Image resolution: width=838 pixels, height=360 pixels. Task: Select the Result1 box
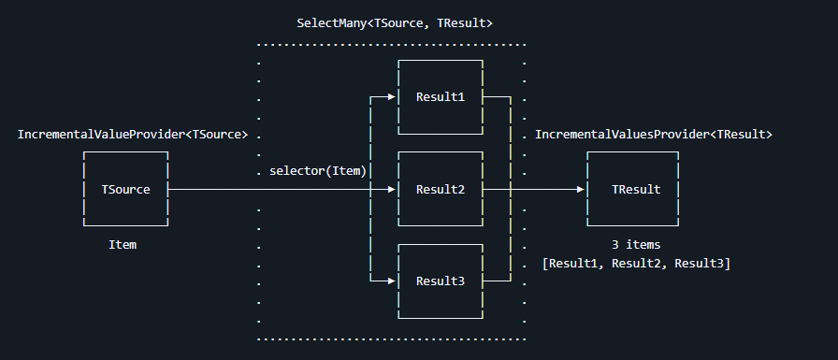[440, 97]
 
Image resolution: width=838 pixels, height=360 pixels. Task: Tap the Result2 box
[440, 189]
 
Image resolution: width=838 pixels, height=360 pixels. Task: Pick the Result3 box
[440, 281]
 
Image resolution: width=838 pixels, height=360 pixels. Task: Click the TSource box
[125, 189]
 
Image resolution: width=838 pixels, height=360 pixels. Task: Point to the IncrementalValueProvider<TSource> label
[133, 135]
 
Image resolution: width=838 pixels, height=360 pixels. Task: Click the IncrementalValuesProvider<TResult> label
[653, 135]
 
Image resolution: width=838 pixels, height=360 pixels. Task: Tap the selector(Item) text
[317, 171]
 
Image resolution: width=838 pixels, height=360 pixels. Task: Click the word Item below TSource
[123, 244]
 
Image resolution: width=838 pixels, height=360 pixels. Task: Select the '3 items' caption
[635, 244]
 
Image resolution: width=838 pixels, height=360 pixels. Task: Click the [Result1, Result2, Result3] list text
[636, 263]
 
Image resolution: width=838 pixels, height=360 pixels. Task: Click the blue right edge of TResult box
[677, 189]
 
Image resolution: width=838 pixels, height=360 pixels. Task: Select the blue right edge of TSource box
[167, 189]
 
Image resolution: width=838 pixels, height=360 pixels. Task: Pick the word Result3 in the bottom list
[701, 263]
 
